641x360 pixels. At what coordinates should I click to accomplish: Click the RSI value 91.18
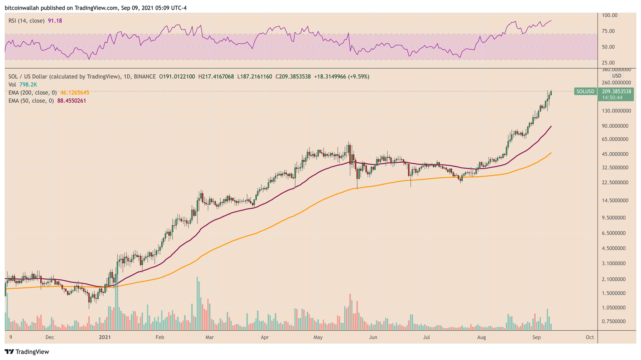pos(55,20)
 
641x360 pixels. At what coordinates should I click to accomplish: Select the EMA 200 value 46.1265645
pos(75,93)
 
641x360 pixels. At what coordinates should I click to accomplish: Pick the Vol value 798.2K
pos(28,85)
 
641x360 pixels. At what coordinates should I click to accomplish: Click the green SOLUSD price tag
pos(585,91)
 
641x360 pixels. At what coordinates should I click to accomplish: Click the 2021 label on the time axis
pos(104,337)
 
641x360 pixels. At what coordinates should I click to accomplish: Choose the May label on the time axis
pos(318,337)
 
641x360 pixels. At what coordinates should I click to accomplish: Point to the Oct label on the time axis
pos(590,337)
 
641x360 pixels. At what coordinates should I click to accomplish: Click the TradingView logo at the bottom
pos(27,352)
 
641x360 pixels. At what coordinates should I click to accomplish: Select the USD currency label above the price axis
pos(616,76)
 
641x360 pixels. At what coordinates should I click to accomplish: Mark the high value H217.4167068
pos(216,77)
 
